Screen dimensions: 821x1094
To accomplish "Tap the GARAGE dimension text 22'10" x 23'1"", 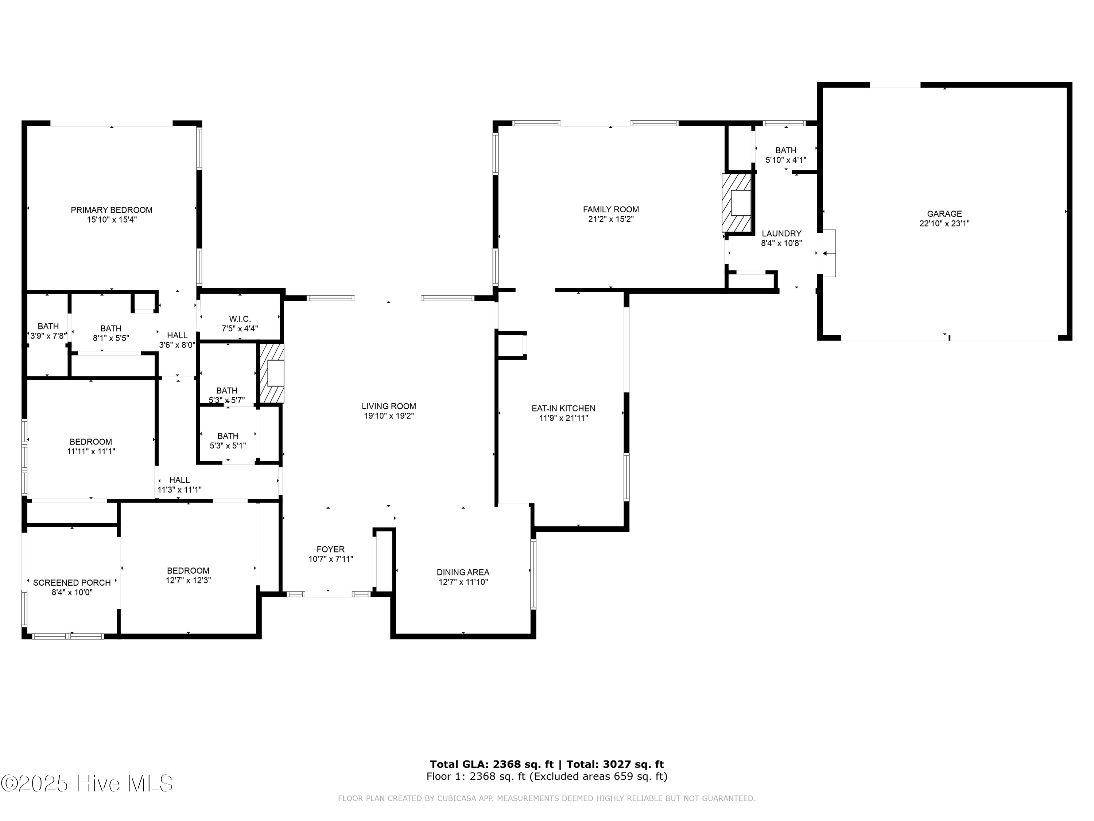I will tap(944, 224).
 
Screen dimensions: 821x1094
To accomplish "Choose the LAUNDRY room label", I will tap(781, 234).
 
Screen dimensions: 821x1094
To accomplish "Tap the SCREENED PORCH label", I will tap(72, 583).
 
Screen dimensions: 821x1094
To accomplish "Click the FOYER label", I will tap(330, 549).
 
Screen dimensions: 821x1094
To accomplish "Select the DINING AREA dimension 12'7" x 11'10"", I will tap(463, 582).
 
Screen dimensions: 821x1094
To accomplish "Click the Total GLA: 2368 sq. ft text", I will tap(491, 764).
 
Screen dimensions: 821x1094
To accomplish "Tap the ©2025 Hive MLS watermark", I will tap(86, 783).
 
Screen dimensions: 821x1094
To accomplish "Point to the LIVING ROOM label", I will tap(389, 406).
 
